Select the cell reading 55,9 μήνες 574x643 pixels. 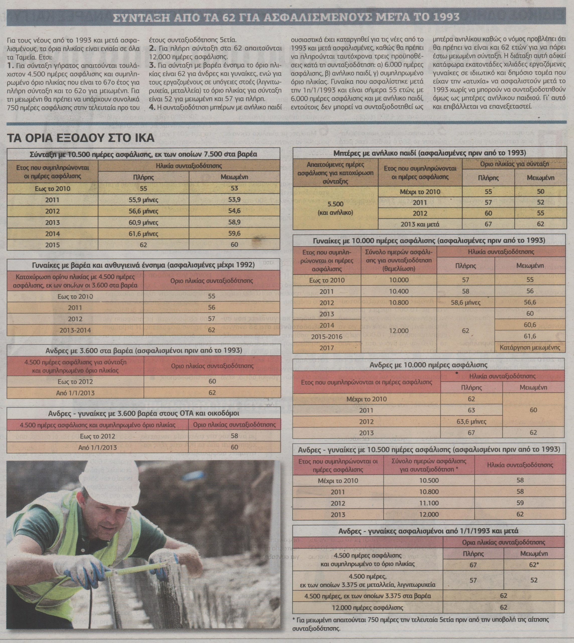click(143, 200)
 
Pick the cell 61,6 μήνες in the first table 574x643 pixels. click(143, 234)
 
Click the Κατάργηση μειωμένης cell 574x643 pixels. click(530, 348)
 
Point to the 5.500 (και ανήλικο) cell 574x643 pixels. click(335, 208)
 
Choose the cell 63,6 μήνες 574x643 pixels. click(471, 421)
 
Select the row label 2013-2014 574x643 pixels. click(75, 330)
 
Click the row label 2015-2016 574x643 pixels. click(326, 337)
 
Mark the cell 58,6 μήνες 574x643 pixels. click(465, 303)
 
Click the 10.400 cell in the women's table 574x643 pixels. click(399, 291)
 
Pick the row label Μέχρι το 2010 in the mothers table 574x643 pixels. click(420, 192)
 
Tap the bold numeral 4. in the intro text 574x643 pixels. click(152, 107)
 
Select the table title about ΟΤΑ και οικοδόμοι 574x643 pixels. click(143, 413)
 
